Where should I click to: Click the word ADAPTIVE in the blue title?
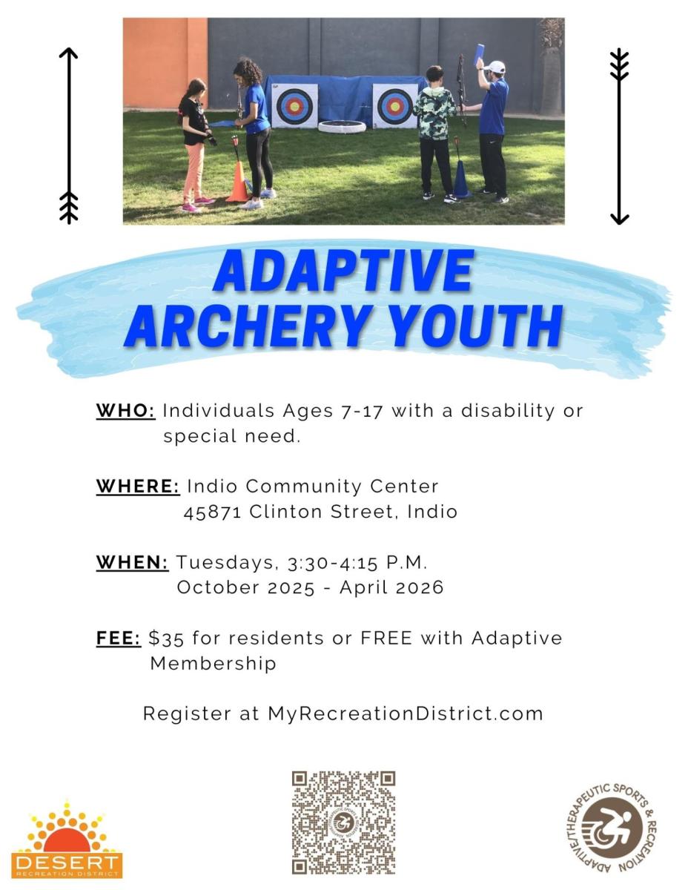343,270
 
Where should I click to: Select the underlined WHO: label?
125,410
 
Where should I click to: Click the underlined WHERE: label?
138,486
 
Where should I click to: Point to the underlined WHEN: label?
132,562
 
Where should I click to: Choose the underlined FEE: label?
119,638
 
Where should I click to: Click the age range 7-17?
361,411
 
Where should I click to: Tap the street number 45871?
213,512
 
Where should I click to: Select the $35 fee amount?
166,639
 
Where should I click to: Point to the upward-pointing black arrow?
69,135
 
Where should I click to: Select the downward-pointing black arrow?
619,136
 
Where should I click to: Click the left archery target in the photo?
294,106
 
